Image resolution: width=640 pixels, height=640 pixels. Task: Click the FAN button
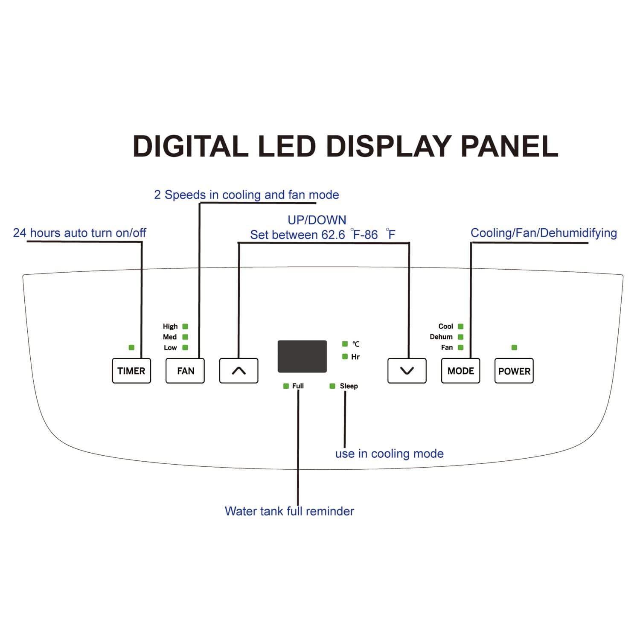tap(185, 371)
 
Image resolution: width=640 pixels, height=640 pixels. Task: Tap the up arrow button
tap(239, 371)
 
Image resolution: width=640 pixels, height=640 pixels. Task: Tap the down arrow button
tap(407, 371)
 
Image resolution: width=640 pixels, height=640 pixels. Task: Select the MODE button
tap(460, 371)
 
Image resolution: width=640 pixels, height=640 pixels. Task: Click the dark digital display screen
tap(302, 356)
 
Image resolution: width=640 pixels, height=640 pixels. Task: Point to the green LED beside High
tap(185, 326)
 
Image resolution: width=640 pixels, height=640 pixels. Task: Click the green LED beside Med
tap(185, 337)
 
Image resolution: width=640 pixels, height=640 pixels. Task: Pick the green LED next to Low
tap(185, 347)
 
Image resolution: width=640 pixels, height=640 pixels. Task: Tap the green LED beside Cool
tap(460, 326)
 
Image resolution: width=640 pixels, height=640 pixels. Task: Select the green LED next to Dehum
tap(460, 337)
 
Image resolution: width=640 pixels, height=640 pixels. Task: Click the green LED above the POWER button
tap(514, 347)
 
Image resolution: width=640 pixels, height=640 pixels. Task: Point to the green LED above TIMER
tap(131, 347)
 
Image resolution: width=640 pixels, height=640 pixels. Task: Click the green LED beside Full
tap(286, 386)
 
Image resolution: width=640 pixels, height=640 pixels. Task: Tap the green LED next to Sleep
tap(332, 386)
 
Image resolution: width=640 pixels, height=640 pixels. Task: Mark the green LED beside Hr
tap(345, 357)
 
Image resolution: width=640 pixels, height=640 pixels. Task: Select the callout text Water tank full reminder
tap(289, 511)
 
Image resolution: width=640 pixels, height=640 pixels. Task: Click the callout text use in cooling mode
tap(389, 454)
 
